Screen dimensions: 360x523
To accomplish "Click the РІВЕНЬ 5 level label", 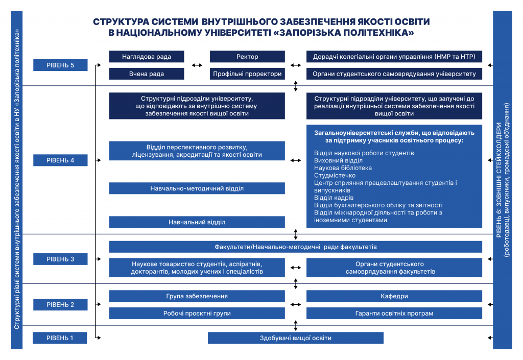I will pos(60,65).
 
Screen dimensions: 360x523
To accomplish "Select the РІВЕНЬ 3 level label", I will pos(60,259).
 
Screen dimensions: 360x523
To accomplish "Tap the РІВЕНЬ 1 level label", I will pos(60,338).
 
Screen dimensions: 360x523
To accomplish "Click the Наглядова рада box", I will pos(147,57).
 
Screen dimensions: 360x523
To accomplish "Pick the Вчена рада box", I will pos(147,74).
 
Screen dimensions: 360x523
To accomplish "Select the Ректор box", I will pos(247,57).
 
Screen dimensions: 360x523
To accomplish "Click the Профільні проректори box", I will pos(247,74).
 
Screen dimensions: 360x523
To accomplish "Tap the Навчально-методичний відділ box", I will pos(197,188).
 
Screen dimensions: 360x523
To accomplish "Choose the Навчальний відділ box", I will pos(197,222).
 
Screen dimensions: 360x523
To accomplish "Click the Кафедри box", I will pos(394,296).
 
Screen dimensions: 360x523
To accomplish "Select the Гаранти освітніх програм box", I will pos(394,314).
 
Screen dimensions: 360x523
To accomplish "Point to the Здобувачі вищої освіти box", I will pos(295,338).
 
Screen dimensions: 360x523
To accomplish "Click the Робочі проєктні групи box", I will pos(197,314).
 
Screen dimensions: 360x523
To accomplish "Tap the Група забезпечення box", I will pos(197,296).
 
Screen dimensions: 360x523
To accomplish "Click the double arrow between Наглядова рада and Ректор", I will pos(197,65).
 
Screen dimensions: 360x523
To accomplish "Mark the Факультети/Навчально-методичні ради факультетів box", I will pos(295,247).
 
